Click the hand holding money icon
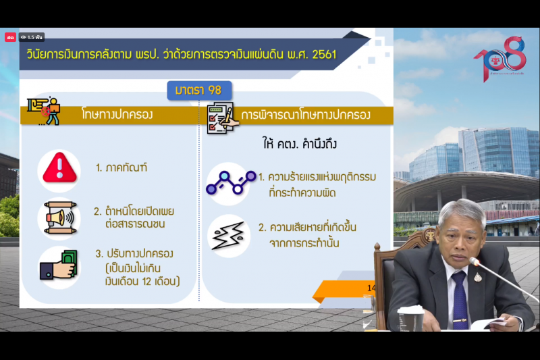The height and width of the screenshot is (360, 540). click(59, 265)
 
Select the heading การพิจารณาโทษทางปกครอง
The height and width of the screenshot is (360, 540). click(306, 114)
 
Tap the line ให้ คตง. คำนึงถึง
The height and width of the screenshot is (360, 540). click(299, 144)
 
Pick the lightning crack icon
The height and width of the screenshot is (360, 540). click(228, 234)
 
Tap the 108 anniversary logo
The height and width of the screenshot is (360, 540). click(500, 59)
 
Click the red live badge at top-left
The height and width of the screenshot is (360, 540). click(10, 37)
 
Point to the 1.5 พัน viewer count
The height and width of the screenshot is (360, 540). click(32, 37)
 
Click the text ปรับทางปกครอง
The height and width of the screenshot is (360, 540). click(140, 254)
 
